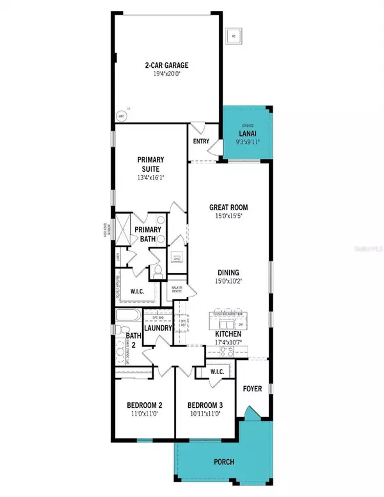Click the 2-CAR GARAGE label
(165, 65)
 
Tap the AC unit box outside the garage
(234, 37)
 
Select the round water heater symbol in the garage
(120, 117)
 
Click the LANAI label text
(248, 133)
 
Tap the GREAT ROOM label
(228, 207)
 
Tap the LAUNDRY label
(157, 328)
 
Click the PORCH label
(224, 462)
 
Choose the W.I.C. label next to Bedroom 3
(211, 373)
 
